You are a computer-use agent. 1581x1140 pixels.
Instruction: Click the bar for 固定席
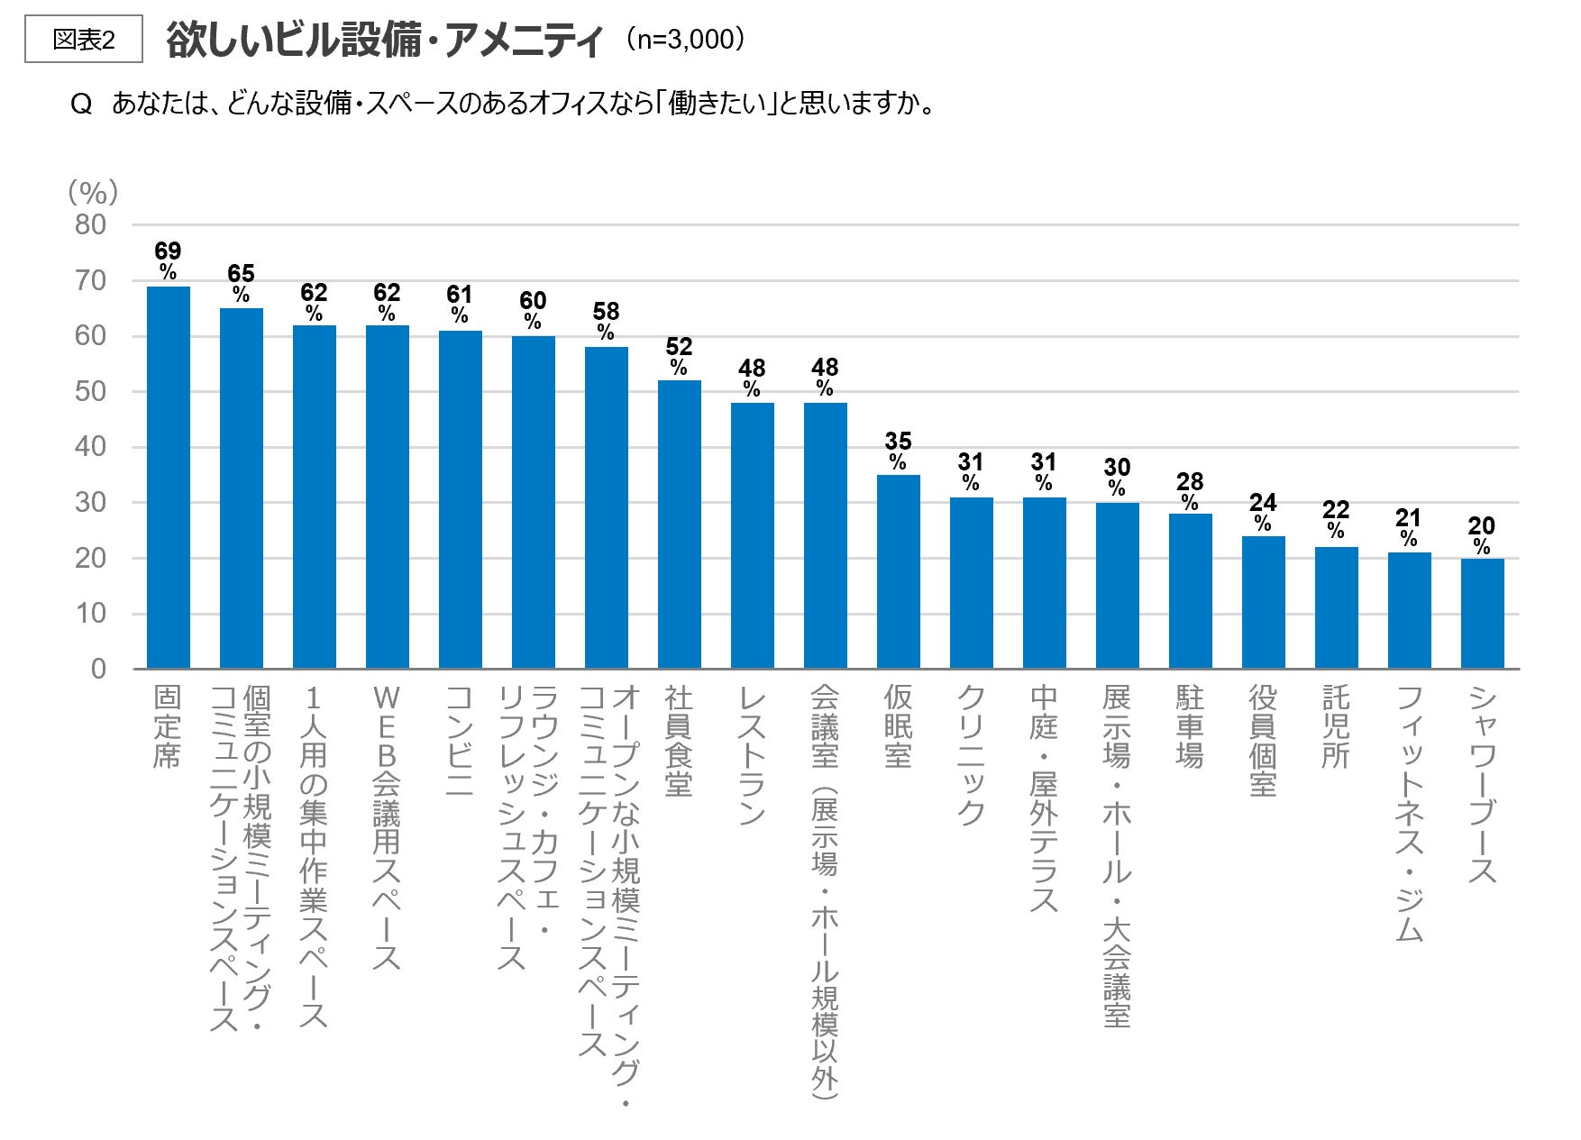click(x=169, y=478)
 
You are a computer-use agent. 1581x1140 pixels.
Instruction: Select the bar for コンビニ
click(x=461, y=500)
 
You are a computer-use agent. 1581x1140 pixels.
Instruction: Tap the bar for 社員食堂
click(x=680, y=524)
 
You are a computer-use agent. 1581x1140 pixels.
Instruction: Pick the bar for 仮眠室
click(x=899, y=571)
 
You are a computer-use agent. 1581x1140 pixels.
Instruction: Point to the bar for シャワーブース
click(x=1483, y=614)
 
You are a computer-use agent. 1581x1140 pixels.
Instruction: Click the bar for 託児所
click(x=1337, y=608)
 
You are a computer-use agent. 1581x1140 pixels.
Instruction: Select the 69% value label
click(x=168, y=260)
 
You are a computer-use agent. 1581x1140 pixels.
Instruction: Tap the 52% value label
click(x=679, y=356)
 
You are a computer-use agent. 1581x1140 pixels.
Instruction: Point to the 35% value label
click(x=898, y=451)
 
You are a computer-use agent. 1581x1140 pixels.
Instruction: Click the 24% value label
click(x=1263, y=512)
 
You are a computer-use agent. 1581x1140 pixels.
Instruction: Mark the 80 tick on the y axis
click(x=91, y=224)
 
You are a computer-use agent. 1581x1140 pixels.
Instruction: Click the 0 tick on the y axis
click(x=98, y=669)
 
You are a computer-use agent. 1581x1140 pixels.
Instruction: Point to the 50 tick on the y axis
click(x=91, y=391)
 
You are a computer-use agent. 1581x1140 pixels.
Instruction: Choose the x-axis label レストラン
click(x=752, y=755)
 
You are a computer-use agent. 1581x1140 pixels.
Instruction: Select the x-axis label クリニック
click(x=971, y=755)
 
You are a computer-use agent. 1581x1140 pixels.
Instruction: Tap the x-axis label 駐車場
click(x=1190, y=726)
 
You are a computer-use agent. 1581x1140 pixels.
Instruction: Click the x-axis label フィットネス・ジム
click(x=1409, y=814)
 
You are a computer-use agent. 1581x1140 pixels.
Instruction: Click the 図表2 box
click(x=84, y=40)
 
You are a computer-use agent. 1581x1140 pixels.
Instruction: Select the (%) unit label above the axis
click(x=93, y=192)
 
